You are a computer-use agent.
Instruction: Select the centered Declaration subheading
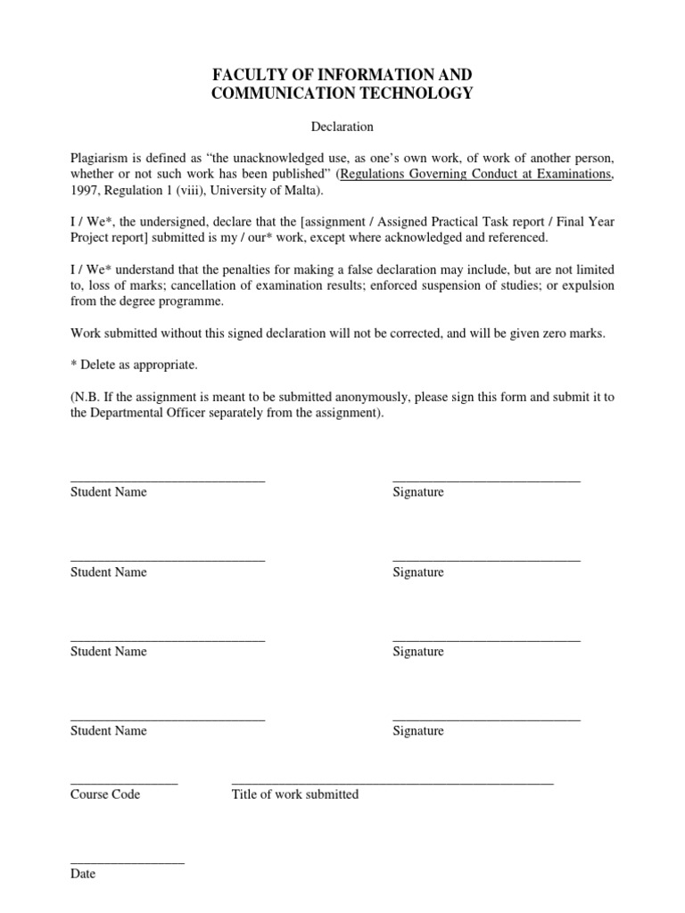[342, 127]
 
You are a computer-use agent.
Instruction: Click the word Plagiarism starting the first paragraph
[100, 158]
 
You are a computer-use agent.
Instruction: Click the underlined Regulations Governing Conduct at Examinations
[476, 175]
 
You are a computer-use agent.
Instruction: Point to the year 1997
[84, 192]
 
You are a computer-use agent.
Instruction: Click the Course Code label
[105, 794]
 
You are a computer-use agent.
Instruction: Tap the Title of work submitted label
[295, 794]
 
